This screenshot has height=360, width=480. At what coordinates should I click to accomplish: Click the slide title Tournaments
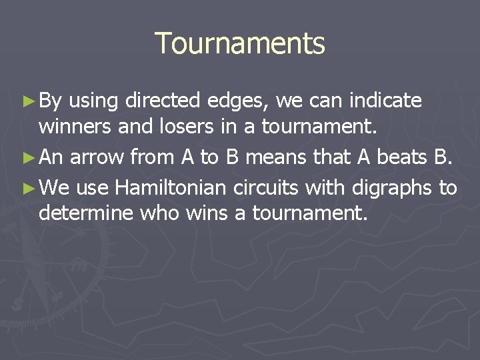tap(240, 44)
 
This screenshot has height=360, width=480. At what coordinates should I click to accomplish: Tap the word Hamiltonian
tap(171, 188)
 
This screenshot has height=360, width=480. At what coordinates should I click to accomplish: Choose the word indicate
tap(385, 101)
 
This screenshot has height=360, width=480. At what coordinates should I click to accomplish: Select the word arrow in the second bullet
tap(97, 157)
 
